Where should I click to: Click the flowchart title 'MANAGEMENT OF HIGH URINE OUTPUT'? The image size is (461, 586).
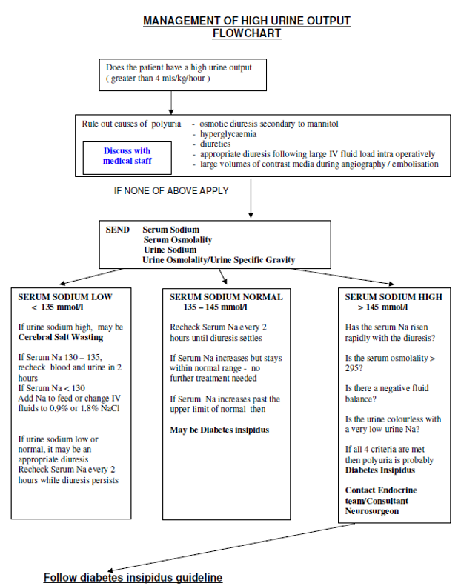(247, 21)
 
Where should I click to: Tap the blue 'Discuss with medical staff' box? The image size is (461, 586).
(127, 156)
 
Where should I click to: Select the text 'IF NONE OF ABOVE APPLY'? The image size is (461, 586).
(171, 190)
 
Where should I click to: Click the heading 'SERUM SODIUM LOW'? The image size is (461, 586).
(65, 297)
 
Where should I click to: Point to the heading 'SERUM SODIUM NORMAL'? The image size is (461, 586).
(226, 297)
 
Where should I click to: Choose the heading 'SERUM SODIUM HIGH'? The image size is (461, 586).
(394, 297)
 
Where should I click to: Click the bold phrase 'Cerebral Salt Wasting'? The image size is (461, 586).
(61, 337)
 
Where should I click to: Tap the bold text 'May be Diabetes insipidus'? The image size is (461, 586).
(219, 430)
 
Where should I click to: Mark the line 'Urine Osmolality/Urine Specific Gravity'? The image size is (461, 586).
(219, 260)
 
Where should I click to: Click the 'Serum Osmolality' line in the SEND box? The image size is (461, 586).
(177, 240)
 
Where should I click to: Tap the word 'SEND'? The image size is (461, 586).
(118, 230)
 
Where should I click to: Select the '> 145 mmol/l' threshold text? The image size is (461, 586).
(382, 307)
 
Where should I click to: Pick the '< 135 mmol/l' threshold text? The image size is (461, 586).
(57, 307)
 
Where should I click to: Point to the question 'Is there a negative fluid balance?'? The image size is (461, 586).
(387, 393)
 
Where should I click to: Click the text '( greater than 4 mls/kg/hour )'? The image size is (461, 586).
(158, 78)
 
